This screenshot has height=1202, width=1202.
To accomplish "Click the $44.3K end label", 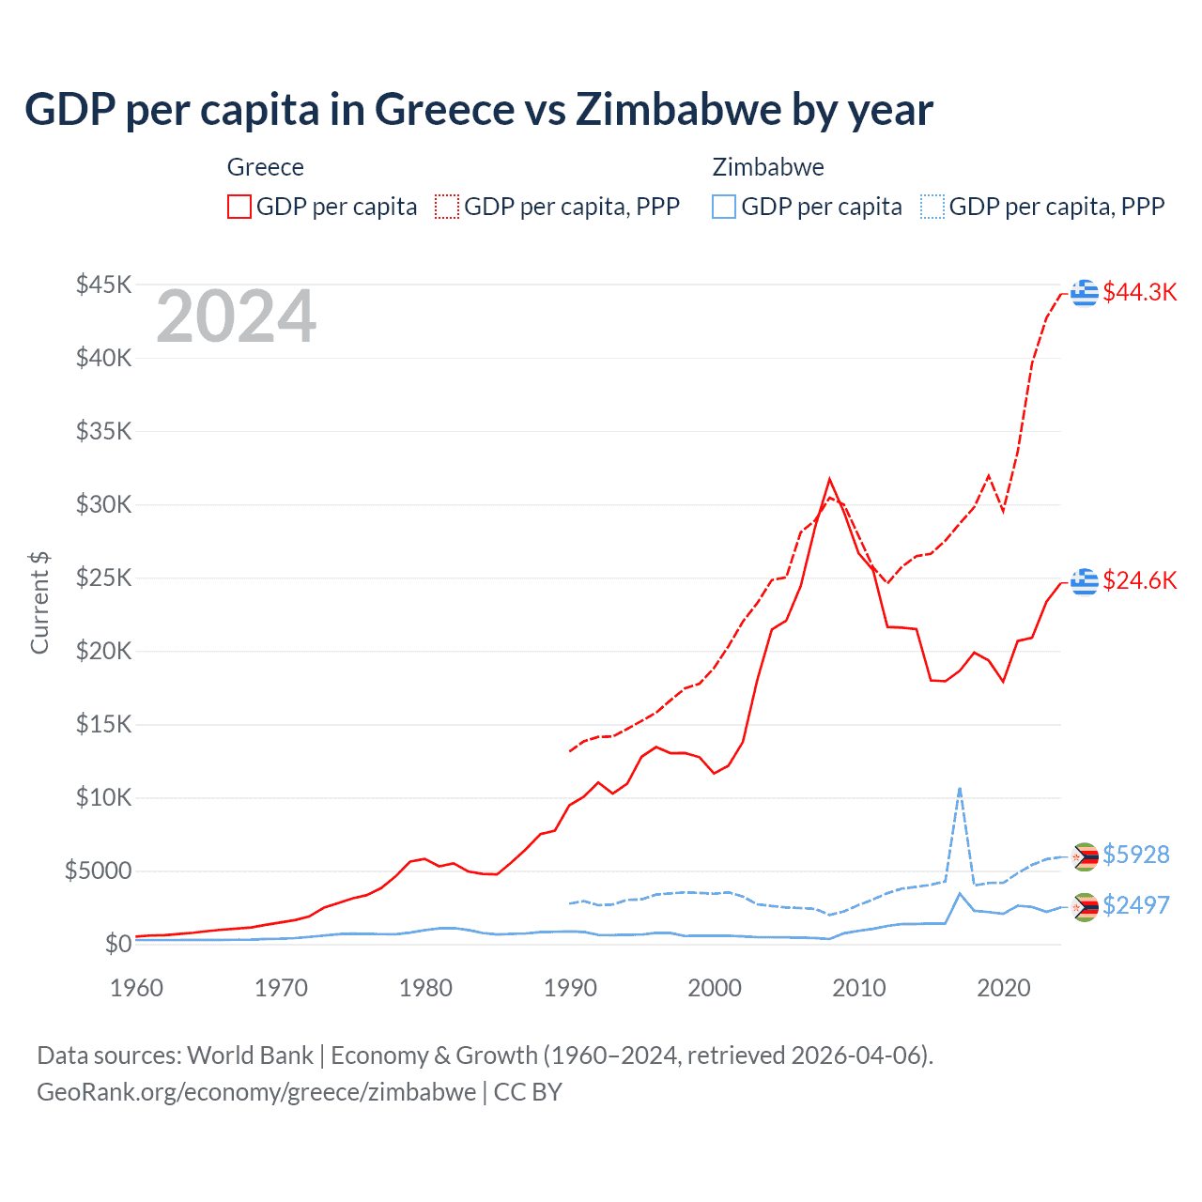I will pyautogui.click(x=1139, y=292).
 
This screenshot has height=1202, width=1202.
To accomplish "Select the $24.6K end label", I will pyautogui.click(x=1139, y=580).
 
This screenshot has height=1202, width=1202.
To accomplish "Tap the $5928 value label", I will pyautogui.click(x=1135, y=855).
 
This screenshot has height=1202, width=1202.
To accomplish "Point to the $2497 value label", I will pyautogui.click(x=1135, y=905).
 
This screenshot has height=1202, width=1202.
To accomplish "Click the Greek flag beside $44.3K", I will pyautogui.click(x=1085, y=293).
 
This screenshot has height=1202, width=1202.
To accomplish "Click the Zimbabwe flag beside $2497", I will pyautogui.click(x=1085, y=907).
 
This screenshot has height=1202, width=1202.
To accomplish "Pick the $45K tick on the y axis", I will pyautogui.click(x=104, y=285).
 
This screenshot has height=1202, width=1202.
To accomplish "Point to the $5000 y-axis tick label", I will pyautogui.click(x=98, y=871).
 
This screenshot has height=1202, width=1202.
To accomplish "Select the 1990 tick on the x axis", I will pyautogui.click(x=570, y=988).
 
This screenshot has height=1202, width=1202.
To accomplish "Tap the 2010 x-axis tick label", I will pyautogui.click(x=859, y=988).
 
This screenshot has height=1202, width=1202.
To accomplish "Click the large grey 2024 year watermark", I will pyautogui.click(x=236, y=317).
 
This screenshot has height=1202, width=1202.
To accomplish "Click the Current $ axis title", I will pyautogui.click(x=39, y=603).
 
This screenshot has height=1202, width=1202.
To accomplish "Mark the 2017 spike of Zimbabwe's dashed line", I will pyautogui.click(x=959, y=788).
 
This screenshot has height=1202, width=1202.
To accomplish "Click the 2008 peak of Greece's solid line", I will pyautogui.click(x=829, y=480).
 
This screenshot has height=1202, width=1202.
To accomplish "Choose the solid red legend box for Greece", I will pyautogui.click(x=239, y=207).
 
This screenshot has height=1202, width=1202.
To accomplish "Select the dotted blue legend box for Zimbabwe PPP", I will pyautogui.click(x=932, y=207).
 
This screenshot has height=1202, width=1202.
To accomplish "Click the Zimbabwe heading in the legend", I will pyautogui.click(x=768, y=167).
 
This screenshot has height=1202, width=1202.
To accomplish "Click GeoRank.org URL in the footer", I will pyautogui.click(x=256, y=1092).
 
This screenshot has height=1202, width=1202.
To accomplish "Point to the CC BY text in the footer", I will pyautogui.click(x=528, y=1092).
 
